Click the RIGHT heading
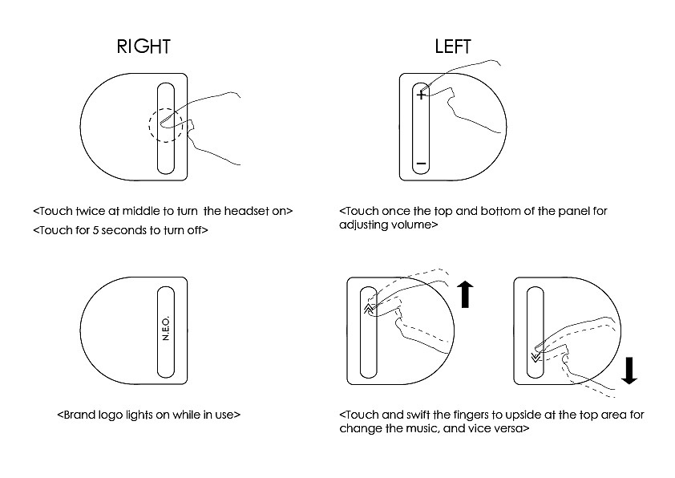tap(144, 46)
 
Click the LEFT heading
tap(453, 46)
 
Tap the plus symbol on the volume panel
tap(421, 95)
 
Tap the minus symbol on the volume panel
tap(421, 164)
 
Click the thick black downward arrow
tap(629, 369)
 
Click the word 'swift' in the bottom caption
tap(416, 415)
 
